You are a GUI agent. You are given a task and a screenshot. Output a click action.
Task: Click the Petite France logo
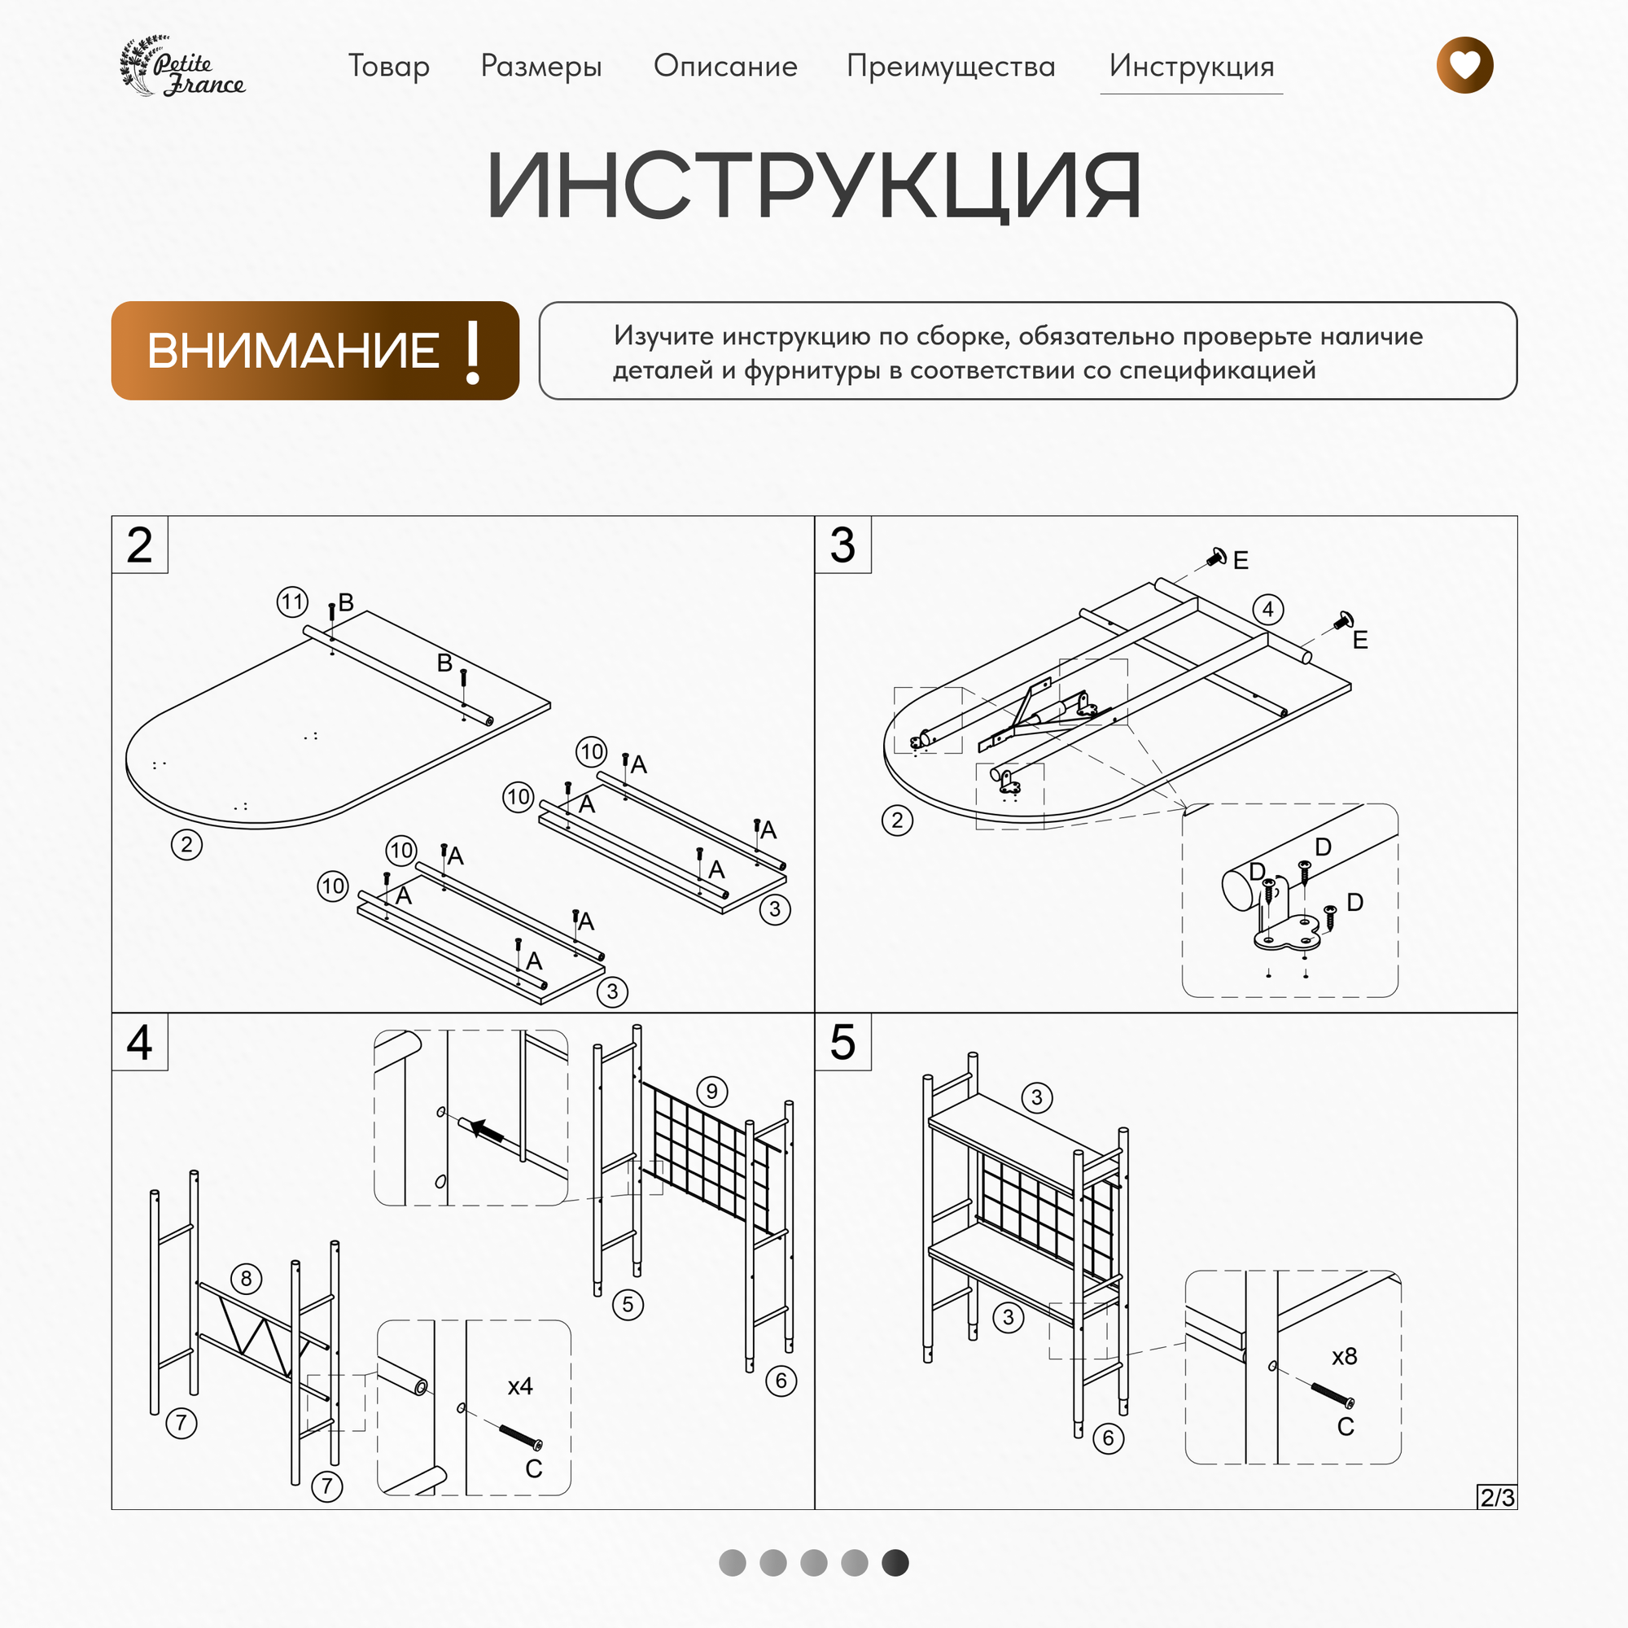[183, 66]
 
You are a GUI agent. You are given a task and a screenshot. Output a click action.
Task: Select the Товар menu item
[388, 66]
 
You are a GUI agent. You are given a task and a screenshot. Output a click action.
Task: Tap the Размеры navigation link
[541, 66]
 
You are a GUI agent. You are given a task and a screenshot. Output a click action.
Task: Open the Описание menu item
[725, 66]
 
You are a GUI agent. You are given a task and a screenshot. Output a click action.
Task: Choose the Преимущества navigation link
[951, 66]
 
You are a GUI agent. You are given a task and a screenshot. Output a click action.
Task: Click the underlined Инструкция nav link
[1191, 66]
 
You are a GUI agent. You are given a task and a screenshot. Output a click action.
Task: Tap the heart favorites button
[1464, 65]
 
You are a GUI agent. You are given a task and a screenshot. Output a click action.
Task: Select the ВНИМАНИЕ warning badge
[315, 351]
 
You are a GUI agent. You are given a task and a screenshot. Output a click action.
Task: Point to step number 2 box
[140, 545]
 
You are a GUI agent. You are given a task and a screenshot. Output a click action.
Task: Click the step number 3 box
[842, 545]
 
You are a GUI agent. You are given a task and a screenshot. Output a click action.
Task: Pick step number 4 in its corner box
[140, 1043]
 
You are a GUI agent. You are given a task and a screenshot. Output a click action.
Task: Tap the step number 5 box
[842, 1043]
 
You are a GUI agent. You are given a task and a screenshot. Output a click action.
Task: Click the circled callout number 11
[292, 602]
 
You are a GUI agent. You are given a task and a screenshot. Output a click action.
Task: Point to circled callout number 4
[1267, 609]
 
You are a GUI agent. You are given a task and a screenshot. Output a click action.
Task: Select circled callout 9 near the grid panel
[712, 1092]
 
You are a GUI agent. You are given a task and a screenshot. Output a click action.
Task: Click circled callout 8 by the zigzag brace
[246, 1278]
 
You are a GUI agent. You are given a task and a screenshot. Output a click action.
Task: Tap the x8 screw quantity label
[1344, 1357]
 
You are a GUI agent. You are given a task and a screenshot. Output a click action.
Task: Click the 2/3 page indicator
[1497, 1498]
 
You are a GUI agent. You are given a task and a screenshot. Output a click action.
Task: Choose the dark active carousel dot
[895, 1562]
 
